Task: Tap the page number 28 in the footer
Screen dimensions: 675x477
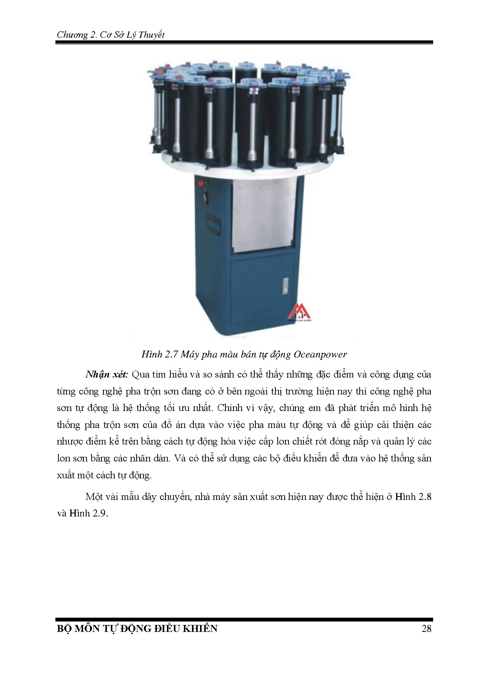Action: [x=426, y=628]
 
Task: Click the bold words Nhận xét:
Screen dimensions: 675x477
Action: [x=107, y=374]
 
